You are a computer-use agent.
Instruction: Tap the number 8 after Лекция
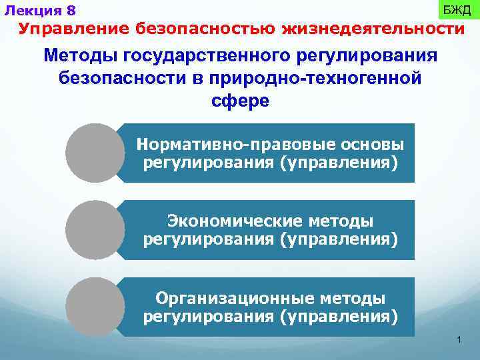[x=71, y=11]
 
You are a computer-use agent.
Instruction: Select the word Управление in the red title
[x=73, y=29]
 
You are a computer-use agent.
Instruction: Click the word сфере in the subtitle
[x=240, y=101]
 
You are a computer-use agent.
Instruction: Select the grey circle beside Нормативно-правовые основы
[x=95, y=153]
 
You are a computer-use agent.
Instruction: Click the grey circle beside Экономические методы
[x=95, y=230]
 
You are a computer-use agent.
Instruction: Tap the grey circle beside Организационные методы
[x=95, y=307]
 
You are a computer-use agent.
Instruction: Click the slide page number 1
[x=459, y=341]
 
